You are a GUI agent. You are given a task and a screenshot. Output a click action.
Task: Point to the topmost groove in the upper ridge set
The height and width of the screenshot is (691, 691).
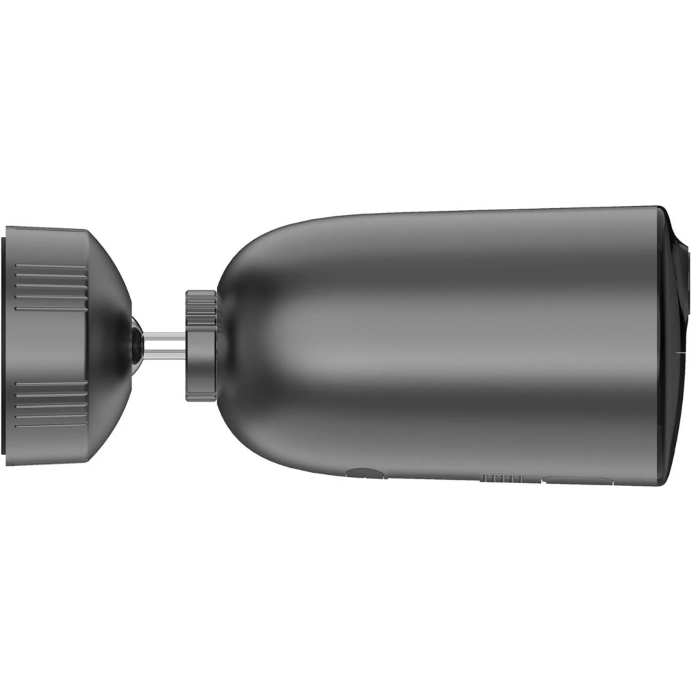(x=51, y=266)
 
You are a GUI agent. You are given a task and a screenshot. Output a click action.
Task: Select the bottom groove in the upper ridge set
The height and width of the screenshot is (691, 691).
(x=51, y=308)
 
